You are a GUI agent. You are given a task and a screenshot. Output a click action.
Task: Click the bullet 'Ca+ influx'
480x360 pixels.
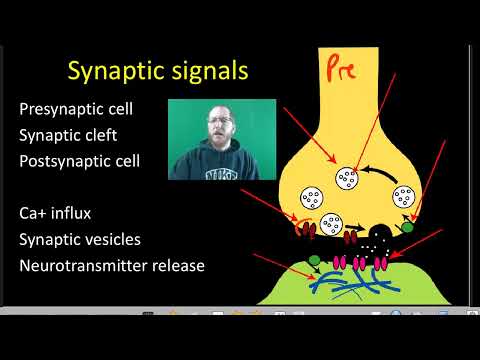point(63,214)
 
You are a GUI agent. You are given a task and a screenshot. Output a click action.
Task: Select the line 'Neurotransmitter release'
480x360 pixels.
point(119,266)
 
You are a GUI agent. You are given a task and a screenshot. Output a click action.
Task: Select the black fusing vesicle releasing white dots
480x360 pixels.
point(379,239)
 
